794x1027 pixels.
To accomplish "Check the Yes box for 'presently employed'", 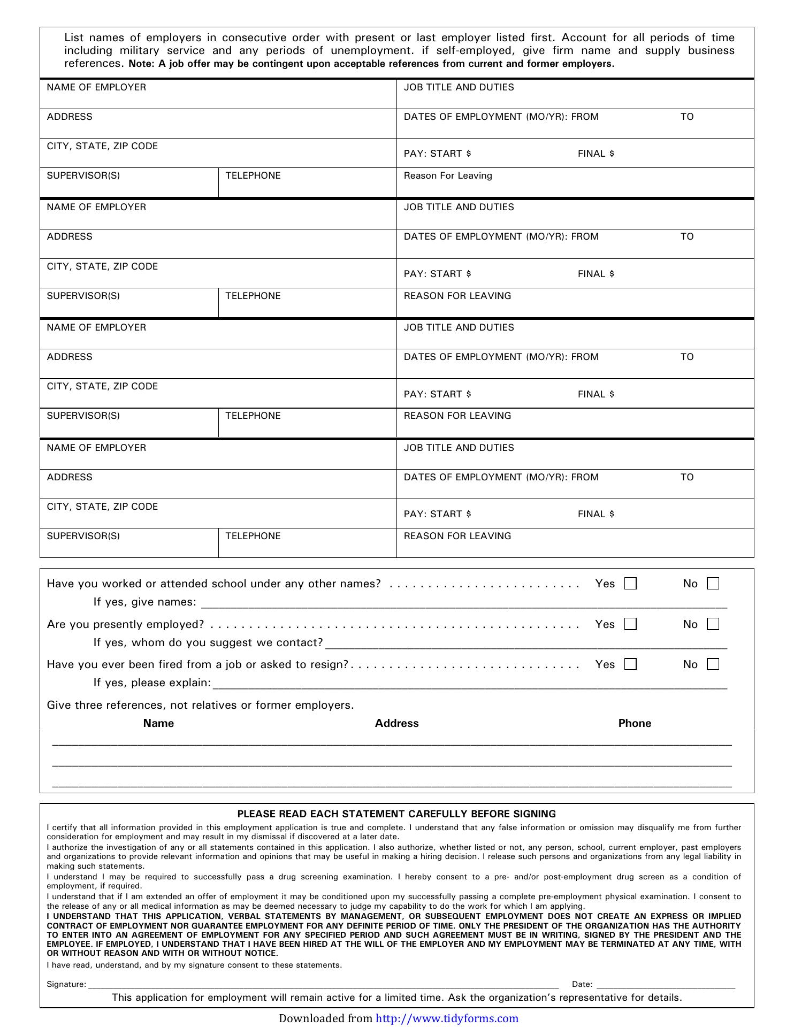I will tap(631, 624).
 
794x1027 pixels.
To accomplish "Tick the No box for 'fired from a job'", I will tap(713, 664).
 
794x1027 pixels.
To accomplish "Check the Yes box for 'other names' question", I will tap(631, 584).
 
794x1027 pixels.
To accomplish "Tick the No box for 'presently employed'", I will tap(713, 624).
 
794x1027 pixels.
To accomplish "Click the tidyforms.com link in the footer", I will tap(447, 1018).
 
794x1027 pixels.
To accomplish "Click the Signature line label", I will tap(66, 984).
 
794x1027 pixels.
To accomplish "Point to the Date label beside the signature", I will tap(582, 984).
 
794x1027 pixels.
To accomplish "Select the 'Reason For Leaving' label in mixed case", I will tap(448, 176).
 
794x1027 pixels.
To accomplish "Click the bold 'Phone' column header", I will tap(635, 723).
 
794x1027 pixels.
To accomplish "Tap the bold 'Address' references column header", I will tap(396, 723).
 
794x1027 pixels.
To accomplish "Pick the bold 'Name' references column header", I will tap(158, 723).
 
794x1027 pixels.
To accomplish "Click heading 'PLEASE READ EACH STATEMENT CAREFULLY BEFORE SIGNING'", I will tap(396, 814).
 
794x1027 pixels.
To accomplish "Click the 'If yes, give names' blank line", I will tap(463, 606).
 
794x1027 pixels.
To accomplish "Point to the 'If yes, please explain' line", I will tap(470, 686).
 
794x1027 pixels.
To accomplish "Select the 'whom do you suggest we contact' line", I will tap(526, 646).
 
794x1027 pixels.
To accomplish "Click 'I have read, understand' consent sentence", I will tap(194, 965).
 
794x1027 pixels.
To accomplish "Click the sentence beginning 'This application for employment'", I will tap(396, 998).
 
